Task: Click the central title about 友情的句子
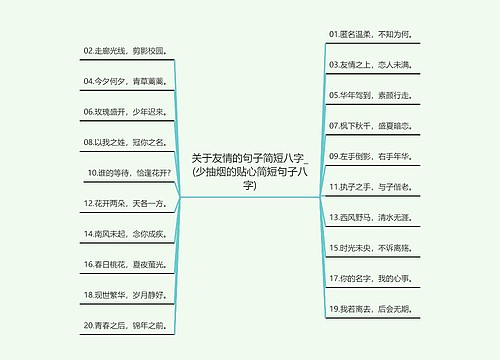click(250, 171)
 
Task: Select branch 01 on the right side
click(368, 34)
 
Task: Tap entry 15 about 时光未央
click(369, 247)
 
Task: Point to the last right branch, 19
click(368, 309)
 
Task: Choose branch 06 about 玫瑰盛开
click(128, 112)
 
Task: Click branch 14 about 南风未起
click(127, 234)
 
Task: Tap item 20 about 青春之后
click(127, 326)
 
